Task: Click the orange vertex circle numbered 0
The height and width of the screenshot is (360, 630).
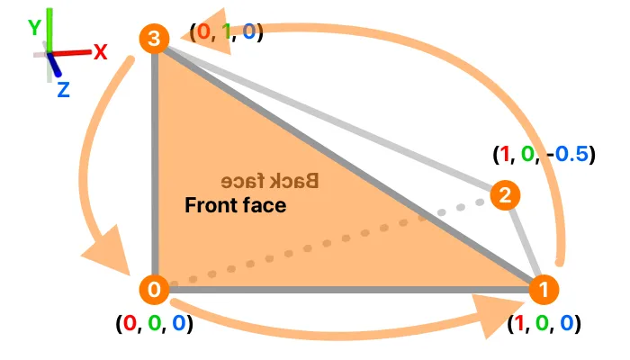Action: [x=155, y=290]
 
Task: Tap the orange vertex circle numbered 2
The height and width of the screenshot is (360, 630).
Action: [x=506, y=195]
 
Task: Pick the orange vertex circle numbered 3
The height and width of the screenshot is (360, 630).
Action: [x=155, y=39]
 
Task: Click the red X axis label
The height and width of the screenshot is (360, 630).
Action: [x=100, y=52]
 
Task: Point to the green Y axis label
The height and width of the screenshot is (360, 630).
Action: [x=34, y=28]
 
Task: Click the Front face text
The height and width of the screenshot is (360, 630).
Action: [x=235, y=205]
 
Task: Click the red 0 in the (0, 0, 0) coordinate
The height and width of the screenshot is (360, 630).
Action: [x=131, y=321]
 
